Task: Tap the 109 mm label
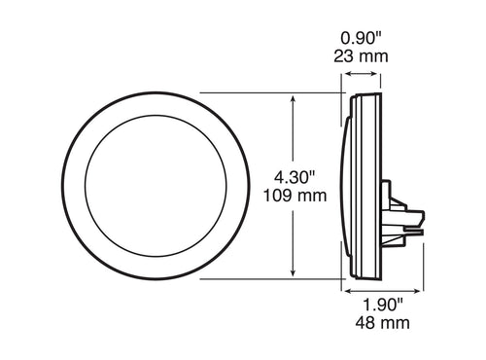point(295,198)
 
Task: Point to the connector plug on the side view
point(400,215)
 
